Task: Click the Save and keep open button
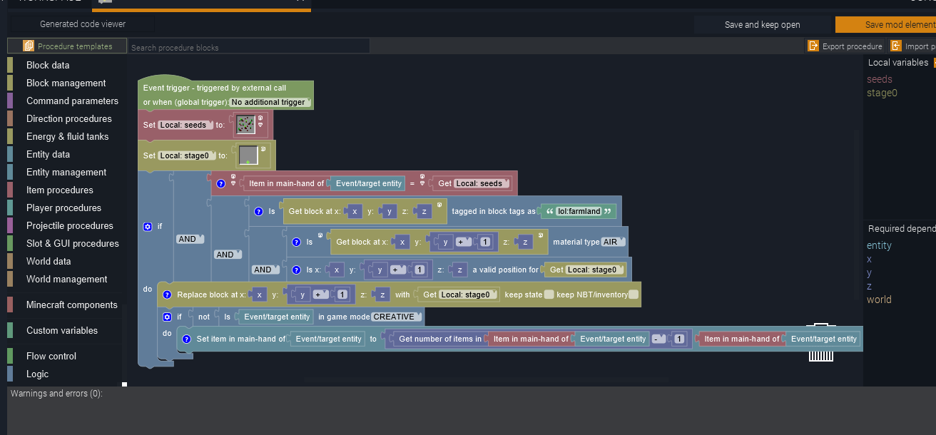click(x=762, y=24)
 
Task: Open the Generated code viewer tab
click(x=82, y=24)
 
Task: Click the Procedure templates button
click(x=68, y=46)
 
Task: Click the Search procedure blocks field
click(x=248, y=48)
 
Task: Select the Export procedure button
click(x=845, y=46)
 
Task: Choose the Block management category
click(x=66, y=83)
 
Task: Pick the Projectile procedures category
click(x=69, y=225)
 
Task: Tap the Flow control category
click(x=51, y=356)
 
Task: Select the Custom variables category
click(x=61, y=330)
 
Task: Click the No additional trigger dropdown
click(x=270, y=102)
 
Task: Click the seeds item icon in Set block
click(x=245, y=125)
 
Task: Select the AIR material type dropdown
click(x=613, y=242)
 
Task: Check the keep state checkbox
click(x=549, y=295)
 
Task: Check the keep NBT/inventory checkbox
click(x=634, y=295)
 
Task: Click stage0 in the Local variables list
click(x=882, y=93)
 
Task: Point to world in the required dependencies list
click(x=879, y=300)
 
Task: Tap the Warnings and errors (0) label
click(x=56, y=394)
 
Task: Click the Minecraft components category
click(x=71, y=304)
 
